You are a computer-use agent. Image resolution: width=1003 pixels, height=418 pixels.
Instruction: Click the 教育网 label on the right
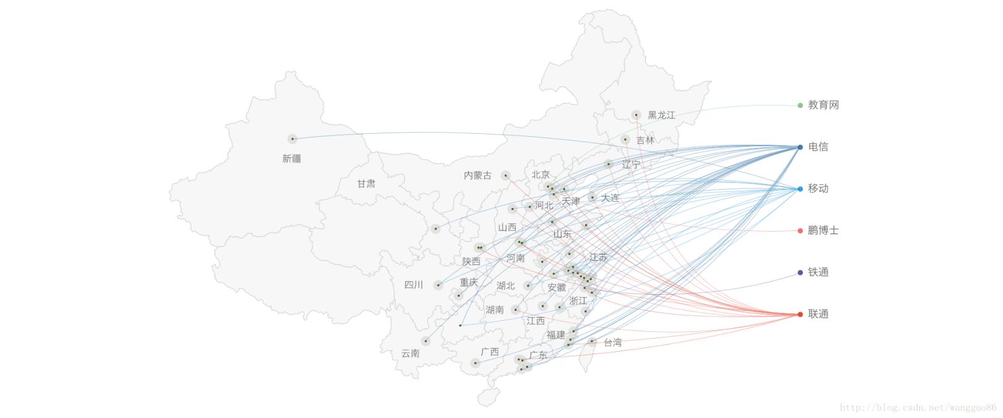pos(823,105)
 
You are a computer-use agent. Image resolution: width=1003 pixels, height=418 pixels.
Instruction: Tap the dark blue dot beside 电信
pos(800,147)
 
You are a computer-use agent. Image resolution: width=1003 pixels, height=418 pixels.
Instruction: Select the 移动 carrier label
pos(818,189)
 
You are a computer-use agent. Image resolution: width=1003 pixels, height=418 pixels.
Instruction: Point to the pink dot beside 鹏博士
pos(800,231)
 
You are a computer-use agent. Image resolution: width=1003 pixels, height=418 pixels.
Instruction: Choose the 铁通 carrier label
pos(818,272)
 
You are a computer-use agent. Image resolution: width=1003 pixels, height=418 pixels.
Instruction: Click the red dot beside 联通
pos(800,315)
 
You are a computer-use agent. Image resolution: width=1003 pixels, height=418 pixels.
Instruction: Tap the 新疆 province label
pos(292,159)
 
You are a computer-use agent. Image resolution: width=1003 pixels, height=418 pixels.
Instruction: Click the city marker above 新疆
pos(292,139)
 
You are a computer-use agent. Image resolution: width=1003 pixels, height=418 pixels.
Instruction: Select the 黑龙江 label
pos(661,115)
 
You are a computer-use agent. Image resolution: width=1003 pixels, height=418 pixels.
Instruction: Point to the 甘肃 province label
pos(366,184)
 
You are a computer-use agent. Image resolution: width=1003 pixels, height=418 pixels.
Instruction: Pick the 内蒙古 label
pos(477,176)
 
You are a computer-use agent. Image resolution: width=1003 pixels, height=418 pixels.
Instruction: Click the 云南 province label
pos(410,354)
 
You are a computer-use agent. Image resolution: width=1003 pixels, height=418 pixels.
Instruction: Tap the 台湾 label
pos(612,342)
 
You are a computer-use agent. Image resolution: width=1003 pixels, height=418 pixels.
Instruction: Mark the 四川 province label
pos(414,285)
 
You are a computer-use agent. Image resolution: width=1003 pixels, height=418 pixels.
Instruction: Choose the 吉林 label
pos(645,141)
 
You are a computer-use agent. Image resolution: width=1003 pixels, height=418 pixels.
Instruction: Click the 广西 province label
pos(490,352)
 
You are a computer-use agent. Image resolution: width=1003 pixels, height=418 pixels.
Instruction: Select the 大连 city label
pos(610,198)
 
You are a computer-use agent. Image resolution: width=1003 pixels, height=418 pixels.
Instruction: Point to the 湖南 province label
pos(495,310)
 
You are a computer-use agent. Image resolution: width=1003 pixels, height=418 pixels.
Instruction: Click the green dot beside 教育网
pos(800,105)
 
